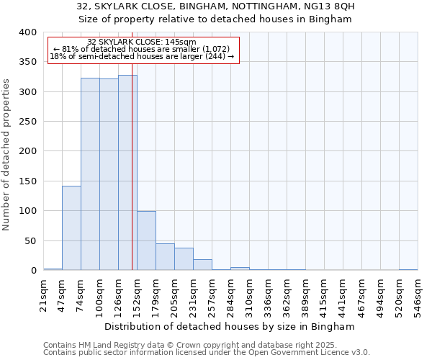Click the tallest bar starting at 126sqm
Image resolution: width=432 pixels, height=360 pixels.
tap(127, 173)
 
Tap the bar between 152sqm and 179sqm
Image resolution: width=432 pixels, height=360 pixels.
tap(146, 240)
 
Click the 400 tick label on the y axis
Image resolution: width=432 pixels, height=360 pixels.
tap(28, 32)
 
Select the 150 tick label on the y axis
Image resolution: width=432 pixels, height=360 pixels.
tap(28, 181)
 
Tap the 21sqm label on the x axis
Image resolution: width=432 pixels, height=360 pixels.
tap(44, 293)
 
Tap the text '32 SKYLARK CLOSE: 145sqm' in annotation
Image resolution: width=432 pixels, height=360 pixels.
tap(141, 42)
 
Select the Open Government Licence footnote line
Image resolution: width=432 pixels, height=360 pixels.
tap(207, 353)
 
